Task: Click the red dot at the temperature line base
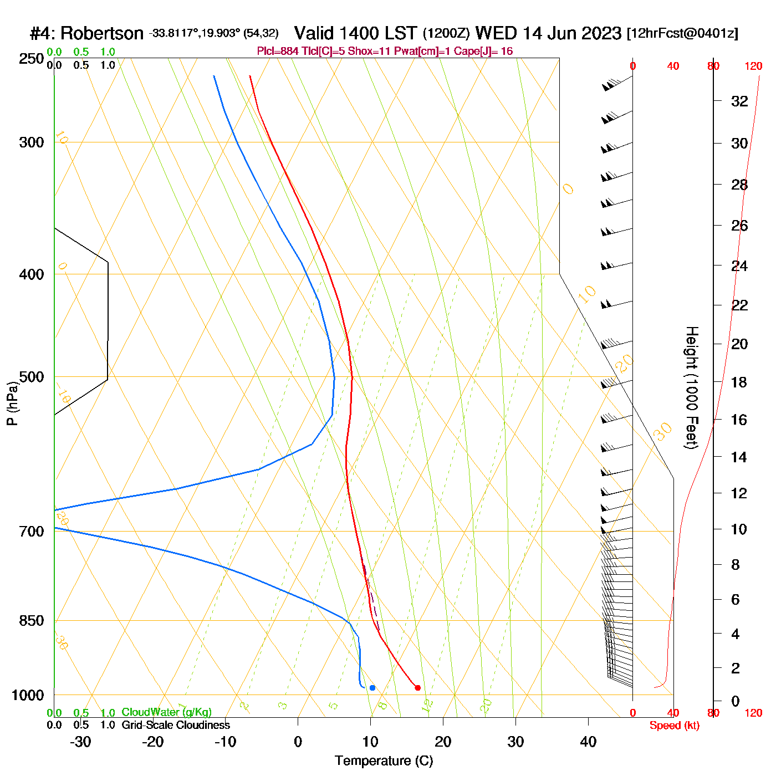coord(417,688)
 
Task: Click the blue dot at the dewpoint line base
coord(372,688)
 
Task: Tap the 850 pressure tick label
coord(32,621)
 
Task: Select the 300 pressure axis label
coord(32,142)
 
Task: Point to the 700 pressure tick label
coord(32,532)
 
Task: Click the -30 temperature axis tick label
coord(80,742)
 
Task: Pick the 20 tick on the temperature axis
coord(443,742)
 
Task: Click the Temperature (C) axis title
coord(384,761)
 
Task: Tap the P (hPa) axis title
coord(12,404)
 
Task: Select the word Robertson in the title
coord(102,34)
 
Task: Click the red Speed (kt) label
coord(675,726)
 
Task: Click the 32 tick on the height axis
coord(739,101)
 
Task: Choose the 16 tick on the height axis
coord(739,420)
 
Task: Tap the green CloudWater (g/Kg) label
coord(166,712)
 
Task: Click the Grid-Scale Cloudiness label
coord(175,725)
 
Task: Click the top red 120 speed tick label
coord(753,67)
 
